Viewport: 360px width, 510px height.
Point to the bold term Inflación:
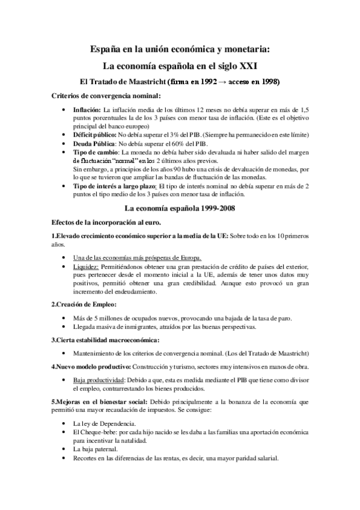[87, 111]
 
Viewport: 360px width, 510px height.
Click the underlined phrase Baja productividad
[98, 381]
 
